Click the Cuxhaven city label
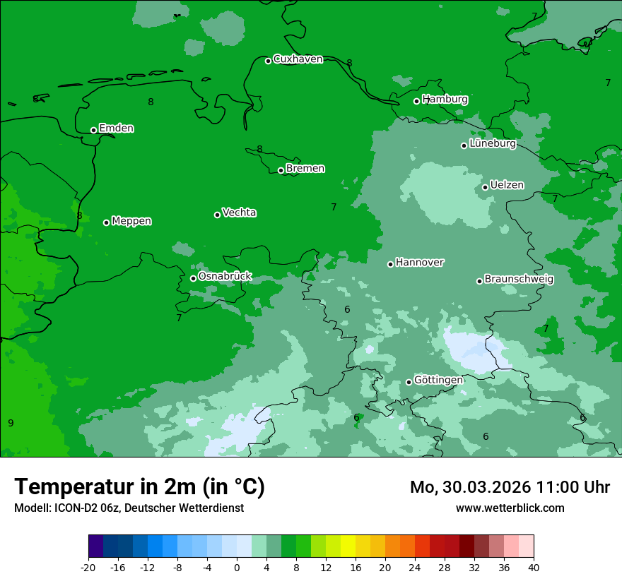tap(298, 59)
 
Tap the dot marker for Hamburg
tap(416, 101)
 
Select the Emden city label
tap(116, 128)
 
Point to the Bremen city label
tap(305, 169)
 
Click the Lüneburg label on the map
tap(493, 144)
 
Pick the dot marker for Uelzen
tap(485, 187)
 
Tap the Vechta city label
tap(239, 213)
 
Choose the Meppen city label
tap(131, 221)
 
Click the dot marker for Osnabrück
tap(193, 278)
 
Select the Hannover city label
tap(419, 263)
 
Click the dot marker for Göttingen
tap(409, 382)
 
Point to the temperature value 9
tap(11, 423)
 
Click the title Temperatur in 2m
tap(139, 487)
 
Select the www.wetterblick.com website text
tap(510, 508)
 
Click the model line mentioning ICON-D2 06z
tap(129, 508)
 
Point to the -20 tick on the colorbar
tap(88, 567)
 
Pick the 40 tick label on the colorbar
tap(533, 567)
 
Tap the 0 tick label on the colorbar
tap(237, 567)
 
